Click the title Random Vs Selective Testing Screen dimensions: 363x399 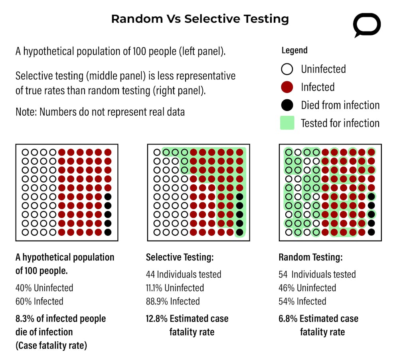(x=199, y=19)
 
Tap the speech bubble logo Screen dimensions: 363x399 (x=367, y=25)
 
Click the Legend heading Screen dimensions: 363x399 (x=294, y=50)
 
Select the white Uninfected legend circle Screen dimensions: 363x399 (x=287, y=69)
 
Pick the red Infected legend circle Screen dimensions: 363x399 (x=287, y=87)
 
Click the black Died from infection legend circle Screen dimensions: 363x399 (x=287, y=105)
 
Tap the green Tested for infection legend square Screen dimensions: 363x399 (x=287, y=123)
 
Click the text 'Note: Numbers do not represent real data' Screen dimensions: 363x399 (x=100, y=111)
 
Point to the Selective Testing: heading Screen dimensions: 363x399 (x=180, y=257)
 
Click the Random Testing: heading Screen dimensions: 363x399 (x=310, y=257)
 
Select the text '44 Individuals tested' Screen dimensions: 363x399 (x=184, y=274)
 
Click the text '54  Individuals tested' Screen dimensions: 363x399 (x=317, y=274)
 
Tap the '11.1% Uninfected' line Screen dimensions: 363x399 (x=175, y=288)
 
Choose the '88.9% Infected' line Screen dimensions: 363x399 (x=173, y=301)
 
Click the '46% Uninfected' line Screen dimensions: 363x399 (x=307, y=288)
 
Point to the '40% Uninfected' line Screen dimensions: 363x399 (x=44, y=288)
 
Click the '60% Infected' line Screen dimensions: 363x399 (x=39, y=301)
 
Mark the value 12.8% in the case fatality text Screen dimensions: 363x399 (x=156, y=319)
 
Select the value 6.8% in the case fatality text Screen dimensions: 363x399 (x=288, y=319)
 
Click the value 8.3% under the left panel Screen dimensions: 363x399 (x=24, y=319)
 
